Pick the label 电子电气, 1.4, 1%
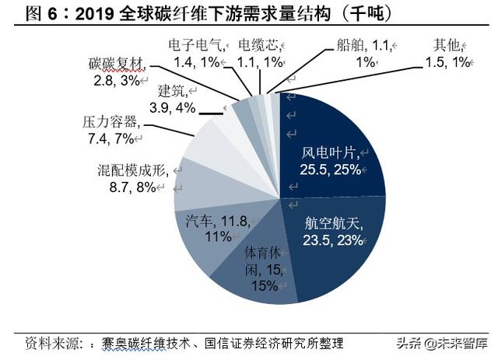[196, 52]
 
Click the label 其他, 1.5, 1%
[451, 52]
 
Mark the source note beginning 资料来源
[183, 344]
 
